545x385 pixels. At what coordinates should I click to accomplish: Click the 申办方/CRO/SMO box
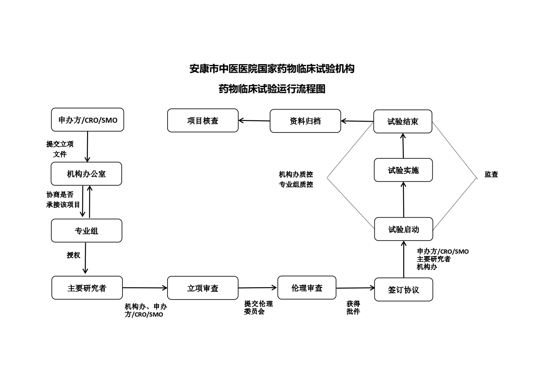coord(87,120)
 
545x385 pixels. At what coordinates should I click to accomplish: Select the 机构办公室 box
coord(86,174)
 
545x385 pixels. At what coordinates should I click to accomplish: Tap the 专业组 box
coord(87,230)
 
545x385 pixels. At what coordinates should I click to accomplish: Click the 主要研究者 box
coord(87,288)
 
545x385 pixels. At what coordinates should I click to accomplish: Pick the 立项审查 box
coord(203,288)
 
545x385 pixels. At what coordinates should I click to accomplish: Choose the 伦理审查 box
coord(307,288)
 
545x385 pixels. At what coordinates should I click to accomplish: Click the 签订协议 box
coord(404,290)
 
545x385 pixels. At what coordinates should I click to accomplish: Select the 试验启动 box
coord(404,229)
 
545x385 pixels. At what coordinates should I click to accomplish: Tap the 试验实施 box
coord(404,170)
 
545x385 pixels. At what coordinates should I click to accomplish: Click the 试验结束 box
coord(403,121)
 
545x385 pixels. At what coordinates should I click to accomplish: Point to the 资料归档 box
coord(305,121)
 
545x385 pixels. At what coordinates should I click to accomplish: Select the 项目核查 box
coord(203,120)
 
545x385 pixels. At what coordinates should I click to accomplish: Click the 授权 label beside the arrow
coord(73,255)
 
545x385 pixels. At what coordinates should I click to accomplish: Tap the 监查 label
coord(491,174)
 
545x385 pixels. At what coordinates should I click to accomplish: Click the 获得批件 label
coord(353,307)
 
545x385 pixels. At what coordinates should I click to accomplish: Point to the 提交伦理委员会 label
coord(259,307)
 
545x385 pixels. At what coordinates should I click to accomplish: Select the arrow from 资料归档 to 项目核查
coord(254,121)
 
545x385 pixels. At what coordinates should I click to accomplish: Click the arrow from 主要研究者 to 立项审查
coord(145,288)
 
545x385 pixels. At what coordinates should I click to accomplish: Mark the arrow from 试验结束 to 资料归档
coord(357,121)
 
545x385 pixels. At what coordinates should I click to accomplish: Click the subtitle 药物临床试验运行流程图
coord(272,89)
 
